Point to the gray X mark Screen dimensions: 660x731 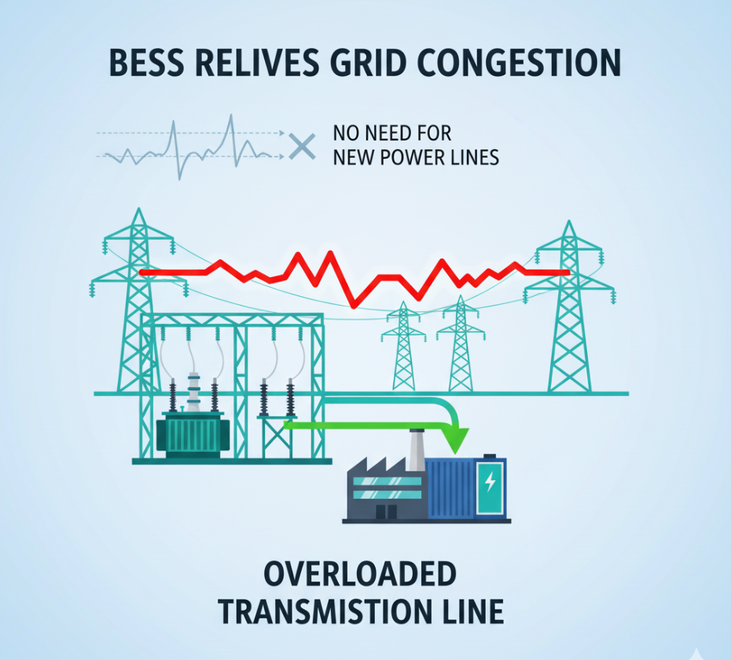click(x=301, y=145)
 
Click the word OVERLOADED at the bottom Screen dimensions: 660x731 click(x=359, y=574)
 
